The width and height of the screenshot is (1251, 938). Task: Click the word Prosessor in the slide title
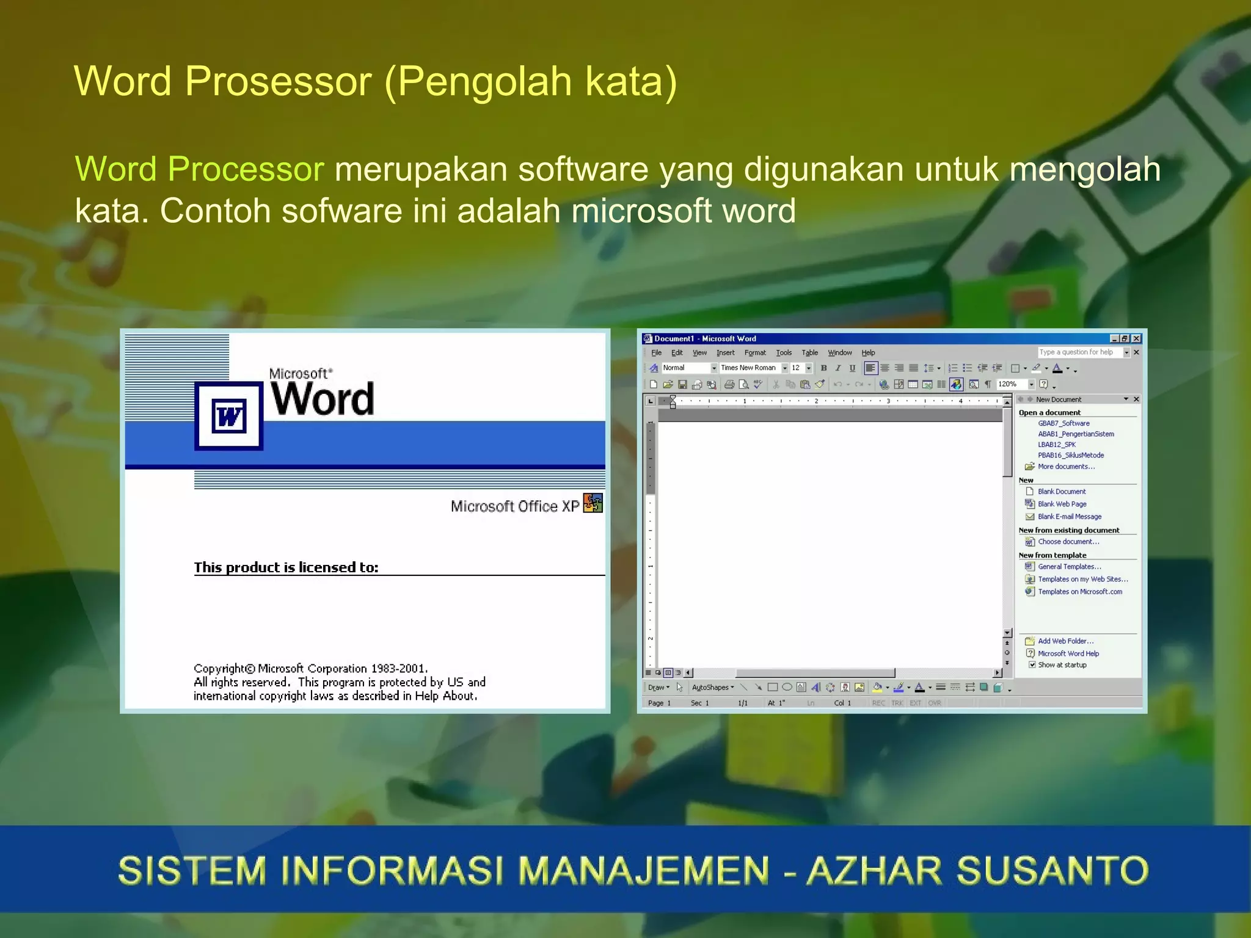[278, 81]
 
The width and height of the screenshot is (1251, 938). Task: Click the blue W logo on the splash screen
[228, 416]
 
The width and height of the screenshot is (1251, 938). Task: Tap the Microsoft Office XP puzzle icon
[593, 503]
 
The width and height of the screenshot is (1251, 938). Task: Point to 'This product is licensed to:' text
[286, 567]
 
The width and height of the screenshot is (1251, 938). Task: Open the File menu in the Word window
[656, 353]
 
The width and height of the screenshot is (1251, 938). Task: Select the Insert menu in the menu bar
[725, 353]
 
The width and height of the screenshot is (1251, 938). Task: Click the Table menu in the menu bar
[809, 353]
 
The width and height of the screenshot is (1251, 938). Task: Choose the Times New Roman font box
[748, 368]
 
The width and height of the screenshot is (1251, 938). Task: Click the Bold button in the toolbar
[823, 368]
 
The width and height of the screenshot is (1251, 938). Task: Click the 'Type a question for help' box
[1079, 352]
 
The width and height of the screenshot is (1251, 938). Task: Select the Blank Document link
[1062, 492]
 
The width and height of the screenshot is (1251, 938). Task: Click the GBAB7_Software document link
[1063, 423]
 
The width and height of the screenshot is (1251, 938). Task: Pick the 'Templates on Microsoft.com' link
[1080, 592]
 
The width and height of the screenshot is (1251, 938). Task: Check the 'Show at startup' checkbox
[1032, 665]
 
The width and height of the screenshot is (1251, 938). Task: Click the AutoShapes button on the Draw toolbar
[712, 688]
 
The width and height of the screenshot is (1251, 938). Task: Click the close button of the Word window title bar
[1136, 339]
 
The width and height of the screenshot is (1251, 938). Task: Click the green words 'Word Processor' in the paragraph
[199, 169]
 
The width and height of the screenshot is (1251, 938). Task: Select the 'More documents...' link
[1066, 467]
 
